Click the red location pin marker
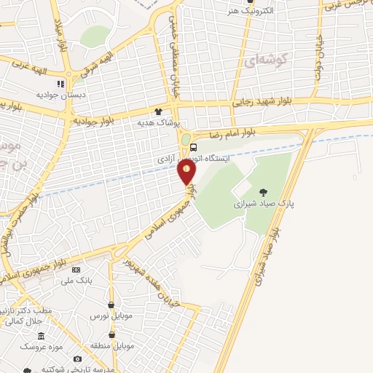tap(186, 172)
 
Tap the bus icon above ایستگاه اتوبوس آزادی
tap(192, 146)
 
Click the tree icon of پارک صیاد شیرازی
tap(262, 192)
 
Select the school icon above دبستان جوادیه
tap(60, 85)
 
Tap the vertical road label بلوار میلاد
tap(59, 33)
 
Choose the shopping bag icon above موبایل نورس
tap(111, 305)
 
